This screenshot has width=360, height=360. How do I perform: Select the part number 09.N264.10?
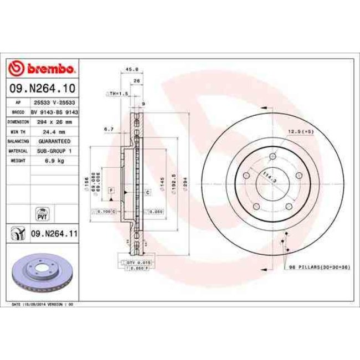tap(42, 88)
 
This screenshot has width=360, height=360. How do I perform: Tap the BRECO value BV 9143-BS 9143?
tap(53, 112)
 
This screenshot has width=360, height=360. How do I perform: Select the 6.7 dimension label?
tap(109, 129)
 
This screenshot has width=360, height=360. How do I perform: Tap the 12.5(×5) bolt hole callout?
tap(301, 132)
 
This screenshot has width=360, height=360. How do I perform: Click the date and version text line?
tap(43, 304)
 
